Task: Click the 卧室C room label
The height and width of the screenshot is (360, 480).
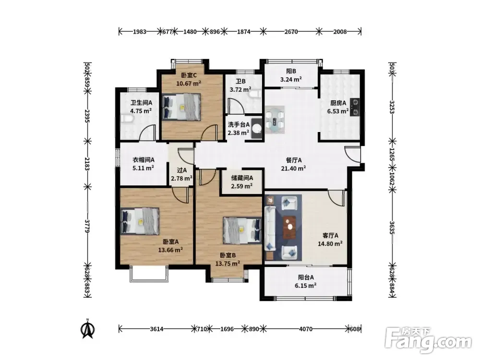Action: (188, 75)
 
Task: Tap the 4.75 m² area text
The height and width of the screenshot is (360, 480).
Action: (141, 111)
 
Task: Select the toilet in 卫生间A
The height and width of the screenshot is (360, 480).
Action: (126, 119)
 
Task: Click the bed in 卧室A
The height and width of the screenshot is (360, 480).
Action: (140, 221)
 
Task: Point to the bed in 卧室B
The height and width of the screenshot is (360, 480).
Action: (242, 230)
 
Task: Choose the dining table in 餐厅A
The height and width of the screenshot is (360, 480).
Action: (275, 120)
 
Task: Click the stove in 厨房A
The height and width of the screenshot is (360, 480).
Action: (355, 108)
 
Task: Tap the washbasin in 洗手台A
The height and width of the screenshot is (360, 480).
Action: (256, 128)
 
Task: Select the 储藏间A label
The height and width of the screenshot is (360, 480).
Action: (242, 178)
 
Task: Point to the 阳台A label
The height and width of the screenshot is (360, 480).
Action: (306, 277)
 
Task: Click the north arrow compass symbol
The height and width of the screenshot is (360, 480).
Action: (87, 329)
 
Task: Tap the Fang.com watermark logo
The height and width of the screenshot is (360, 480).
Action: (428, 340)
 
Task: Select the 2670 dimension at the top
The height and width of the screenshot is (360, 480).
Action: (291, 32)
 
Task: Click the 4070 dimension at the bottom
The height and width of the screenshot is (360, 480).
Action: (306, 329)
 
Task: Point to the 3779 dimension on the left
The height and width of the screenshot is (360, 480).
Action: (87, 226)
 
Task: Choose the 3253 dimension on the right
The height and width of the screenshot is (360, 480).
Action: (392, 107)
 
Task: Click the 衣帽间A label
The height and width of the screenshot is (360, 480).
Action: (143, 160)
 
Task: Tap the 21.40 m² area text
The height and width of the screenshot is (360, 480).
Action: (293, 168)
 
